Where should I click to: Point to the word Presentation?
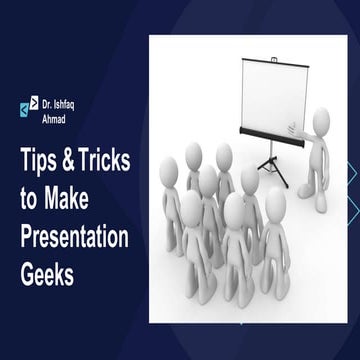75,237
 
